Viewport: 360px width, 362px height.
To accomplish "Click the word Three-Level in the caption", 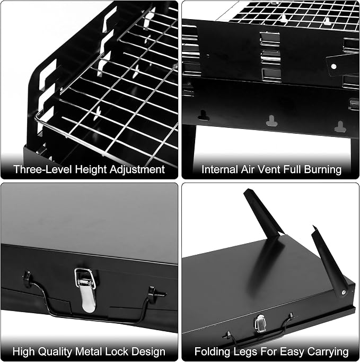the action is click(43, 169).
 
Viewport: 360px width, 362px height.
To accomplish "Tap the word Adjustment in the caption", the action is click(137, 170).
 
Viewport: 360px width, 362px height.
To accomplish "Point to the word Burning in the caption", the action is click(323, 170).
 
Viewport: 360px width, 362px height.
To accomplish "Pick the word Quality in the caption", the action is click(55, 352).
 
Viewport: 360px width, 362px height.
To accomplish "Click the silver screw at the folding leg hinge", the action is click(344, 292).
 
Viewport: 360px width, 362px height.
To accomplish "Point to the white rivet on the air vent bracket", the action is click(333, 67).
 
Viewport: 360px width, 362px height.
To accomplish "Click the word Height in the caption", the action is click(91, 170).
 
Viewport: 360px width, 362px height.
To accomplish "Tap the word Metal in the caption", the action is click(89, 351).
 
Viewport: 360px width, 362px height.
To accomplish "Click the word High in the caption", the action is click(24, 352).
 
